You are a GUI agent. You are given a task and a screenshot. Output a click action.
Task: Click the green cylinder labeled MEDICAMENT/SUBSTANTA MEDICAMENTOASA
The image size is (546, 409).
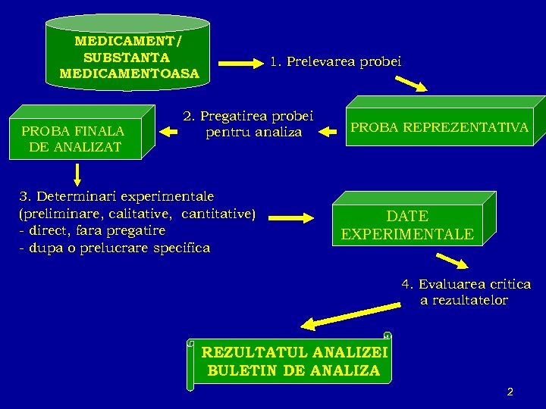click(127, 55)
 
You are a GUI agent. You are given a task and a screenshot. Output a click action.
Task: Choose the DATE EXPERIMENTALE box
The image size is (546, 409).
click(407, 225)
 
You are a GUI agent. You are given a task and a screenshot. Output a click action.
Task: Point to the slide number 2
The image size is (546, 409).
click(510, 392)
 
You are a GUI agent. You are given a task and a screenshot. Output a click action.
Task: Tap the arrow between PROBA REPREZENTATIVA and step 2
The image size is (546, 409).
click(328, 132)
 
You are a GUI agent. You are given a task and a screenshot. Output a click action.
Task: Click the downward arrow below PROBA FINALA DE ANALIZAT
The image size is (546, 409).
click(77, 174)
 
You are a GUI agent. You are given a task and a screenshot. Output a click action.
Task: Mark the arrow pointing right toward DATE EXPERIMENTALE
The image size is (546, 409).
click(291, 217)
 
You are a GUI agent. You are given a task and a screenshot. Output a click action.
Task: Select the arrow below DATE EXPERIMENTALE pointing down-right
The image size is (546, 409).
click(453, 262)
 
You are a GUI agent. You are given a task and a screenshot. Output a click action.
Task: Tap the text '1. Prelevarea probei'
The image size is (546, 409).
click(335, 61)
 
